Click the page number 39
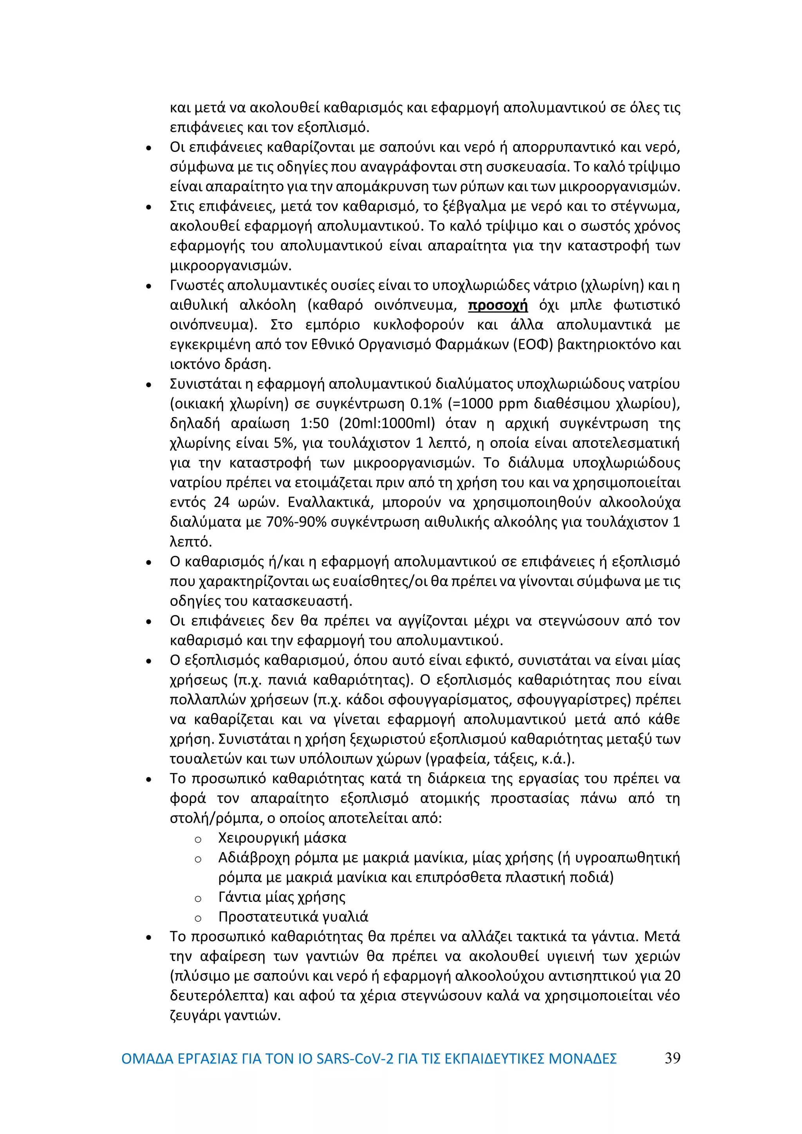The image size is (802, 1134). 672,1058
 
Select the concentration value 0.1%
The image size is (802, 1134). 426,404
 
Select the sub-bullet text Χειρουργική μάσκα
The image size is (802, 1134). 282,838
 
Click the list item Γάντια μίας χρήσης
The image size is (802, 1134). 282,897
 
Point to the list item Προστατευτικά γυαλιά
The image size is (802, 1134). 293,917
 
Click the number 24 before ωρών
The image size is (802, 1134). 222,502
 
